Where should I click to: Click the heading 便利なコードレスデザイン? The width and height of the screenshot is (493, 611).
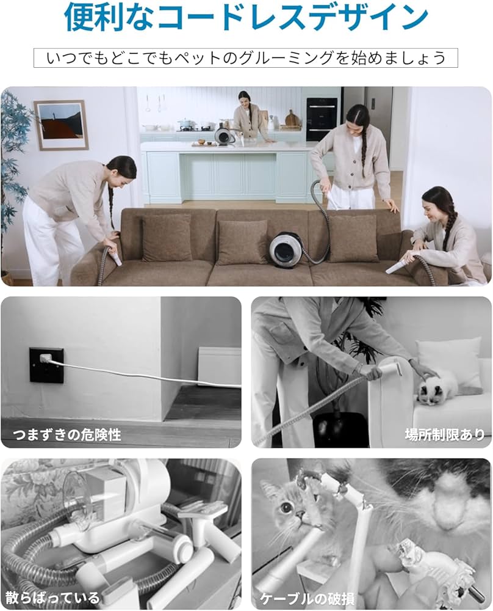tap(246, 18)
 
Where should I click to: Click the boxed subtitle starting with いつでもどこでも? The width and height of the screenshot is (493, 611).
tap(246, 58)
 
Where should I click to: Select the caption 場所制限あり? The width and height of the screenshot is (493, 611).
tap(445, 434)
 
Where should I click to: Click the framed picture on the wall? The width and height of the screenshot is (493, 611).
tap(60, 125)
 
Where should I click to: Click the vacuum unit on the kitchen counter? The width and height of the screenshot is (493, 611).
tap(224, 134)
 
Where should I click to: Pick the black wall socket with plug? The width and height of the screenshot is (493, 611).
tap(46, 365)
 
